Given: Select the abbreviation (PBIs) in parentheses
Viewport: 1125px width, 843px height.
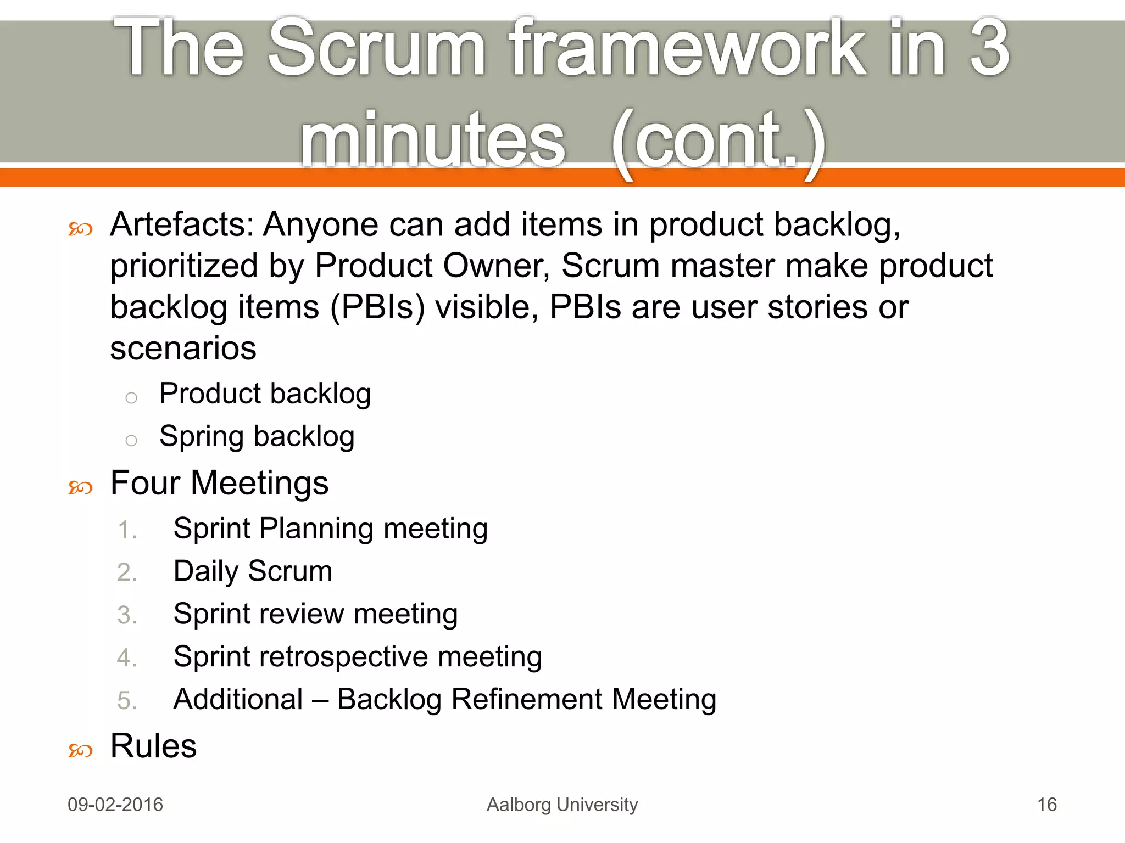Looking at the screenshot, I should pyautogui.click(x=377, y=307).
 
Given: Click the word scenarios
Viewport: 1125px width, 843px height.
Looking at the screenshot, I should pyautogui.click(x=183, y=348).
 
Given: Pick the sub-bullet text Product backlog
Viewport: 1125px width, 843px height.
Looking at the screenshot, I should pyautogui.click(x=265, y=394).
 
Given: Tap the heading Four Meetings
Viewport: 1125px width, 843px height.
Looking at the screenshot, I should pyautogui.click(x=219, y=483).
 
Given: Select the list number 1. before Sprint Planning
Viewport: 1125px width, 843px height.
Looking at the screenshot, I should pyautogui.click(x=127, y=530).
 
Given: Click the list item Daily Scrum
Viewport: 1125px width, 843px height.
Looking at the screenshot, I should pyautogui.click(x=253, y=571).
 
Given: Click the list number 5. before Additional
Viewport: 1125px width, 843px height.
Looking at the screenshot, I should pyautogui.click(x=127, y=701).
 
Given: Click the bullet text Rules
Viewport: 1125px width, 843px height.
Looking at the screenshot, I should pyautogui.click(x=153, y=746).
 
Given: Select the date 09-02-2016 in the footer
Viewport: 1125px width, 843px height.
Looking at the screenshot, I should pyautogui.click(x=115, y=805).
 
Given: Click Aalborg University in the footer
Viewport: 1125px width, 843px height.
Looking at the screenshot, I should pyautogui.click(x=562, y=805).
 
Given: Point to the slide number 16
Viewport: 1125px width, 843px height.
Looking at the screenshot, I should pyautogui.click(x=1046, y=805).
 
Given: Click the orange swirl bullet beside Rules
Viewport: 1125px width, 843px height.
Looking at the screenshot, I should pyautogui.click(x=80, y=750).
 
